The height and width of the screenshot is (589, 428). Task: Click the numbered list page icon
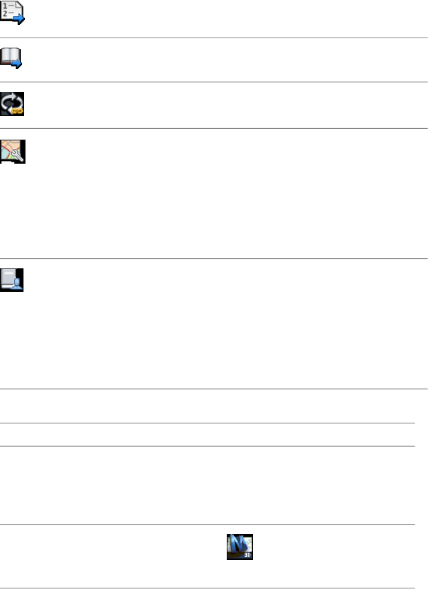click(13, 13)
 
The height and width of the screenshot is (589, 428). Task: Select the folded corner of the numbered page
click(20, 5)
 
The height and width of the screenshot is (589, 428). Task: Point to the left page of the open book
click(7, 55)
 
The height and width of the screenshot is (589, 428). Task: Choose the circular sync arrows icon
click(13, 104)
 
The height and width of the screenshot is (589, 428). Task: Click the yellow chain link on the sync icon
click(19, 111)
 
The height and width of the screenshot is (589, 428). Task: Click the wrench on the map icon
click(18, 156)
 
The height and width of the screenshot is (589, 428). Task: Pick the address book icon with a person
click(13, 278)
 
